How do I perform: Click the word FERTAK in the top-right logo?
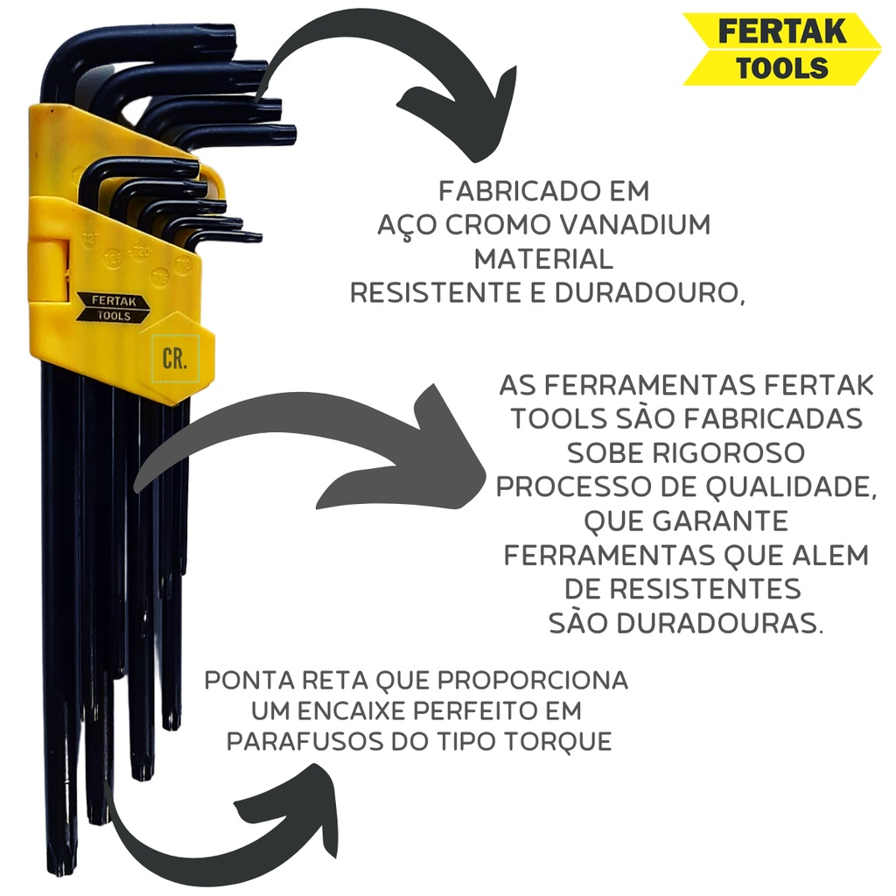click(781, 31)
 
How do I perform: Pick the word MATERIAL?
click(543, 259)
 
